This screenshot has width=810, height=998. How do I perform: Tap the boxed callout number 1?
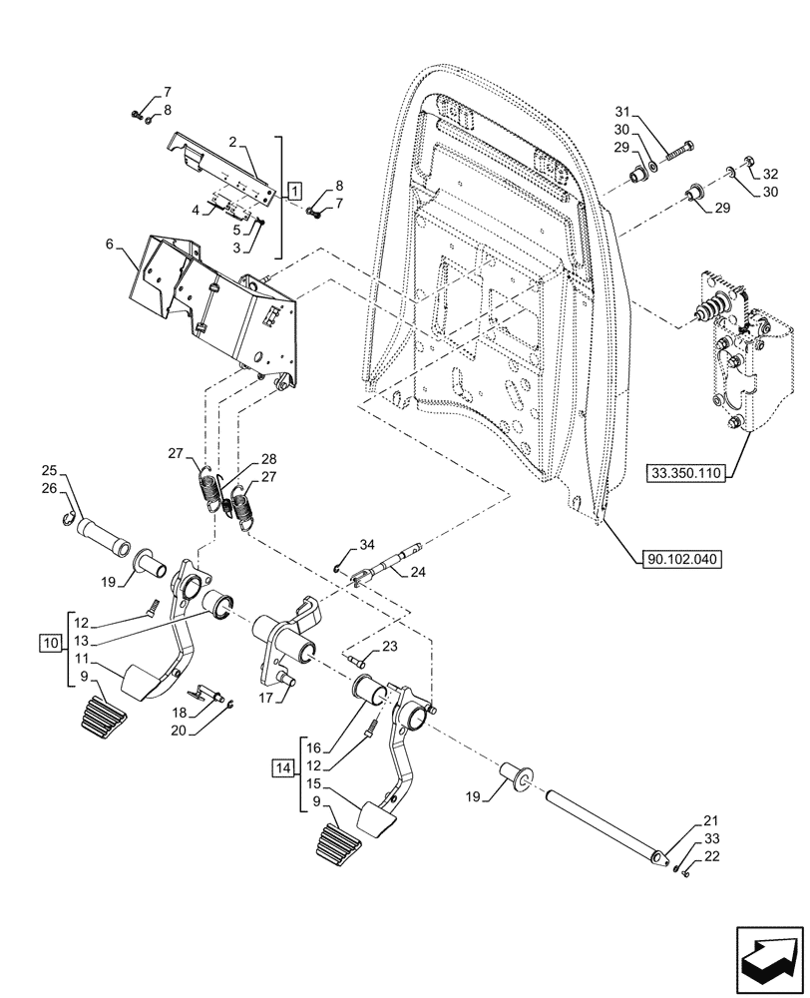click(294, 188)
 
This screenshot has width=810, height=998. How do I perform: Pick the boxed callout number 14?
click(283, 767)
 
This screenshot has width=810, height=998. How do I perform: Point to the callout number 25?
click(49, 470)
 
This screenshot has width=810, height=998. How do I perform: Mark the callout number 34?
click(367, 544)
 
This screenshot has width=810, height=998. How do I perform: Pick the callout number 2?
click(231, 143)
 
